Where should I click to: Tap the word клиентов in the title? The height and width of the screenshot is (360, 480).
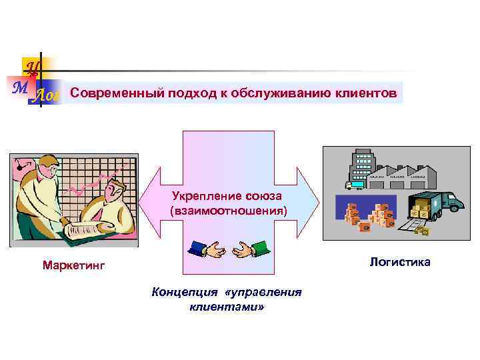click(x=365, y=93)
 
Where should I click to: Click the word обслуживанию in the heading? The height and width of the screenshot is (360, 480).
click(x=279, y=93)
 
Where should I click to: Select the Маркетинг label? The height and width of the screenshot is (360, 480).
click(x=74, y=266)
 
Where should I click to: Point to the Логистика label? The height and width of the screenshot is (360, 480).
click(x=400, y=262)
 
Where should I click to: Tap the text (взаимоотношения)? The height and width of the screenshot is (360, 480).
click(x=229, y=211)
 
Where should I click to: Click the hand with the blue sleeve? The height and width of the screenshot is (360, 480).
click(x=205, y=249)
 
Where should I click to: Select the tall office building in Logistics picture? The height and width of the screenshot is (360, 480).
click(x=363, y=165)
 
